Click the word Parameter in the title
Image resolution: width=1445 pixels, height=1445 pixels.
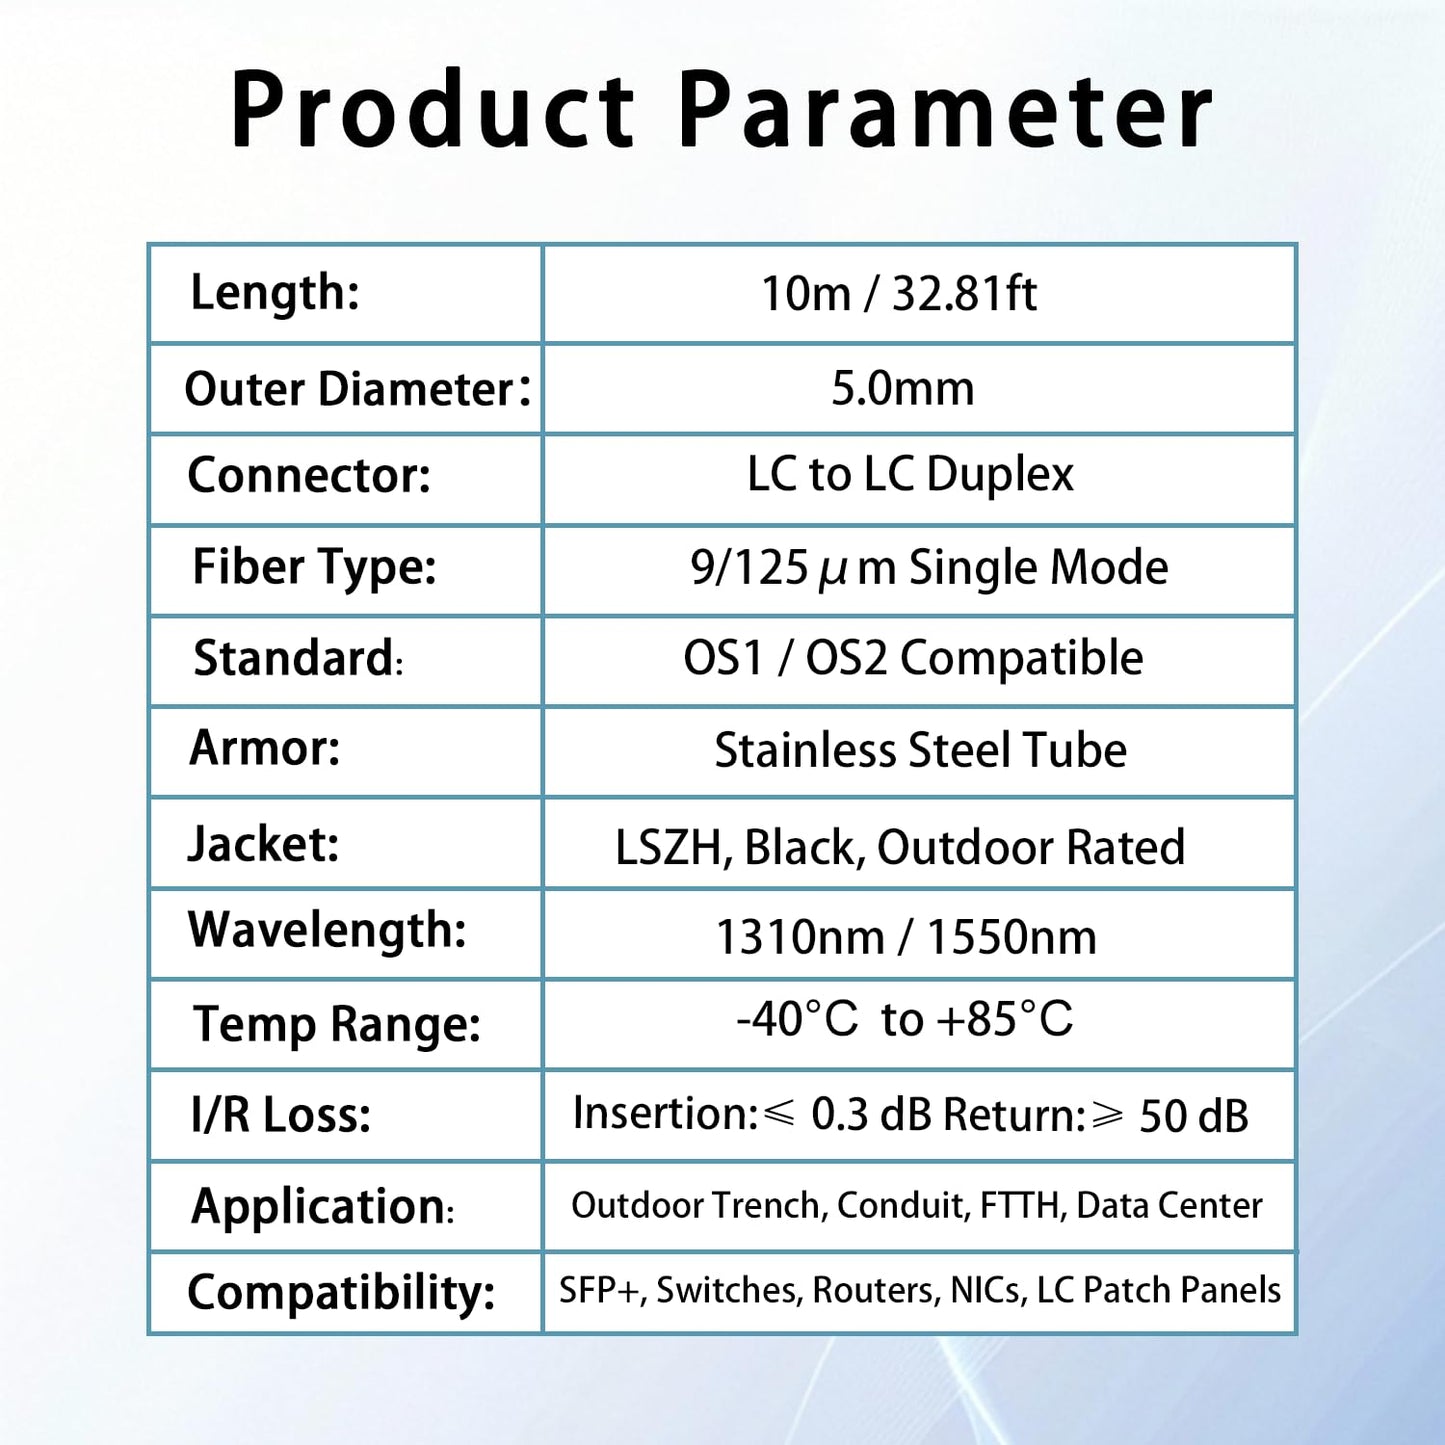(945, 110)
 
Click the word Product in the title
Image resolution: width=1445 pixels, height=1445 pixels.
(433, 110)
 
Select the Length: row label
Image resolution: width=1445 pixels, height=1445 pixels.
(275, 293)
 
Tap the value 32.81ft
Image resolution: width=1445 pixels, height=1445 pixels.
(964, 294)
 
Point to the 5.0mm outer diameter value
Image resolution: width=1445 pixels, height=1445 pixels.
(902, 388)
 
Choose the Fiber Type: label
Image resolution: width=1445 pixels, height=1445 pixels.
(314, 567)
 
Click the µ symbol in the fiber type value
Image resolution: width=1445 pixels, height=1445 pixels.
(832, 570)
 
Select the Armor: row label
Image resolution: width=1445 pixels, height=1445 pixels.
(265, 747)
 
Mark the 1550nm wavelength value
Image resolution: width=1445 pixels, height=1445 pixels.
(1011, 938)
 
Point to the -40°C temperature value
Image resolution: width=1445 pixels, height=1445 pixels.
(797, 1019)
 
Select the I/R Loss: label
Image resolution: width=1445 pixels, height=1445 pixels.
(280, 1114)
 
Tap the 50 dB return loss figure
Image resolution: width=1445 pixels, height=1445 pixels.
(1193, 1116)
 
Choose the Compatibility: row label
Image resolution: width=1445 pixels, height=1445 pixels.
(341, 1292)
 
